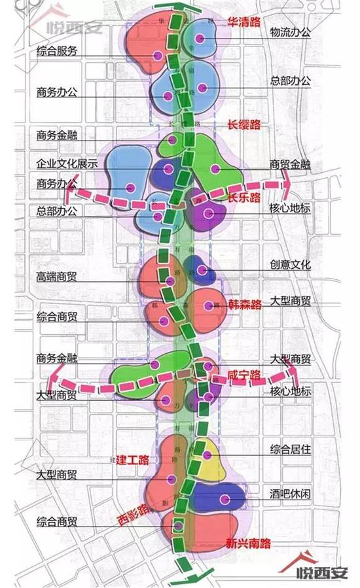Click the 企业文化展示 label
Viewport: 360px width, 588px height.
67,161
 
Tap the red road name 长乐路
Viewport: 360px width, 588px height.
244,197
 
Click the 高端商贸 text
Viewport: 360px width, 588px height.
57,277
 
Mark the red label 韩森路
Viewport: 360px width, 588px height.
245,304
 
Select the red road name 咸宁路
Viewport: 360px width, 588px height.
244,375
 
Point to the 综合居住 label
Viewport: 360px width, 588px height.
291,450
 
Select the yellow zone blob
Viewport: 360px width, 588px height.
208,458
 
